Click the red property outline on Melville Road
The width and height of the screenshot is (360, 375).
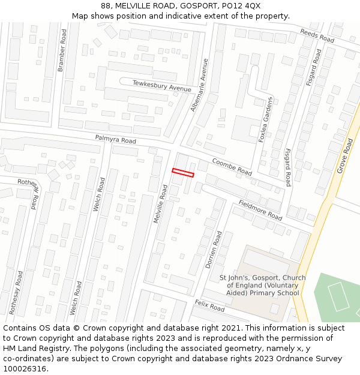click(x=183, y=173)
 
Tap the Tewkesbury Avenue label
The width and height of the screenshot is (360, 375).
click(x=162, y=86)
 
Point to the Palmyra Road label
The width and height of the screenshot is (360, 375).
click(x=115, y=139)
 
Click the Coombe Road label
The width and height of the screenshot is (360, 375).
click(x=232, y=167)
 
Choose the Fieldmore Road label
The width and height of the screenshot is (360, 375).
click(x=260, y=209)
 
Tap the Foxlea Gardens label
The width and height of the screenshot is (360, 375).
click(x=265, y=119)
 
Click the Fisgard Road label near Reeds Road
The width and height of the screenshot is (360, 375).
click(x=313, y=67)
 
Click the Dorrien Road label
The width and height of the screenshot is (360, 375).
click(x=214, y=249)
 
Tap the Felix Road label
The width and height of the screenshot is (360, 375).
click(x=209, y=306)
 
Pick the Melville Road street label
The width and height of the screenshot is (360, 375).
click(x=160, y=204)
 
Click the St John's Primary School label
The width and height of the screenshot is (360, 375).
click(x=262, y=286)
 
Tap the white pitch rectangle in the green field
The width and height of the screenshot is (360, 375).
click(x=338, y=296)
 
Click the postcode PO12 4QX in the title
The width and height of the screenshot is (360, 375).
click(x=246, y=5)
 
